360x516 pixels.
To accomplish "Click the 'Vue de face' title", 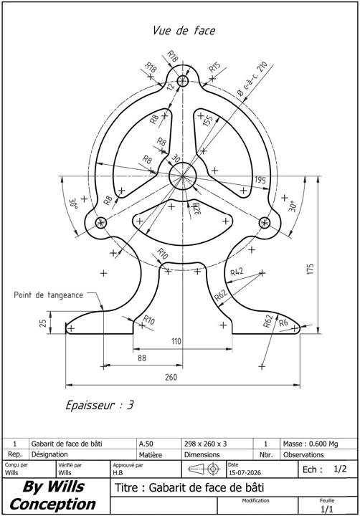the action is pyautogui.click(x=184, y=31).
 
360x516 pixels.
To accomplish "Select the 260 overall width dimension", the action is pyautogui.click(x=171, y=377).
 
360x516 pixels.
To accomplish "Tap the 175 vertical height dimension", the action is pyautogui.click(x=311, y=269).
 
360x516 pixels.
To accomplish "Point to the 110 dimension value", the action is pyautogui.click(x=176, y=341).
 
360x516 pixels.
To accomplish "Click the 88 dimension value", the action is pyautogui.click(x=141, y=358).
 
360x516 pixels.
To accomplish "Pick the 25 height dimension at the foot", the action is pyautogui.click(x=43, y=322).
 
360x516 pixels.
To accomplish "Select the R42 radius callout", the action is pyautogui.click(x=237, y=272).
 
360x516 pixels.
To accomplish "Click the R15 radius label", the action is pyautogui.click(x=214, y=67).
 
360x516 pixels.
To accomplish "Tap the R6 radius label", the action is pyautogui.click(x=283, y=322).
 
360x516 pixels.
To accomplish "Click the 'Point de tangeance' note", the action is pyautogui.click(x=49, y=295).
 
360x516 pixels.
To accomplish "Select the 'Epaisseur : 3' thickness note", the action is pyautogui.click(x=100, y=405).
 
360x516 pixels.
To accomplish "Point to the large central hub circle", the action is pyautogui.click(x=182, y=176).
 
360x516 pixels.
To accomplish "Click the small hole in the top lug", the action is pyautogui.click(x=182, y=81).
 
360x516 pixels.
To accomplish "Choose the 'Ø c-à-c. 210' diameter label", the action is pyautogui.click(x=252, y=78).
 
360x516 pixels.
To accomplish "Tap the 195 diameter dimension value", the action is pyautogui.click(x=260, y=180).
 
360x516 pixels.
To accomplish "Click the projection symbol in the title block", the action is pyautogui.click(x=204, y=469).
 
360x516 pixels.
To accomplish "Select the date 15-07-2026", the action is pyautogui.click(x=245, y=473).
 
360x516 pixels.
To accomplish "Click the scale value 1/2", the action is pyautogui.click(x=340, y=469).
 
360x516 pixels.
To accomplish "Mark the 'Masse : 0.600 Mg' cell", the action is pyautogui.click(x=311, y=444).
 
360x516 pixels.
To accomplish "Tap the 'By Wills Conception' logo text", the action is pyautogui.click(x=53, y=495).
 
